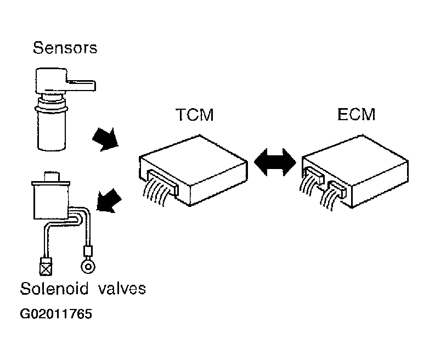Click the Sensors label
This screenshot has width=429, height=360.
pos(65,48)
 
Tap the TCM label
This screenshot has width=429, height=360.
pos(195,115)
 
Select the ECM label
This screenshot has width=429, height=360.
pos(356,114)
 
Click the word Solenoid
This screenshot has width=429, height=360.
pos(54,288)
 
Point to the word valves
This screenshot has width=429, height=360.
pos(122,289)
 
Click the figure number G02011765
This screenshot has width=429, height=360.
pos(56,314)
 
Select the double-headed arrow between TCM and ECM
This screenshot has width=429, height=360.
pos(275,162)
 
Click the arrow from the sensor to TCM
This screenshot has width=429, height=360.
pos(105,139)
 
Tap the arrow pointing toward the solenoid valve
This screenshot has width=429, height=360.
pos(109,200)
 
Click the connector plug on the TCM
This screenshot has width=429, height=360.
pos(162,182)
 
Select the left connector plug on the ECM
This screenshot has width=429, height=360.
pos(314,175)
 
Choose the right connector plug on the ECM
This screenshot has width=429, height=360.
pos(337,188)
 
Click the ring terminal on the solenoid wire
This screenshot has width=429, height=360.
pos(88,266)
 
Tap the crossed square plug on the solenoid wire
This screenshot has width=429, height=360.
pos(46,266)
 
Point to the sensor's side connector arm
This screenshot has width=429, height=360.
pos(81,86)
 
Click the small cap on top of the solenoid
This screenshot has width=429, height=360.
pos(52,177)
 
